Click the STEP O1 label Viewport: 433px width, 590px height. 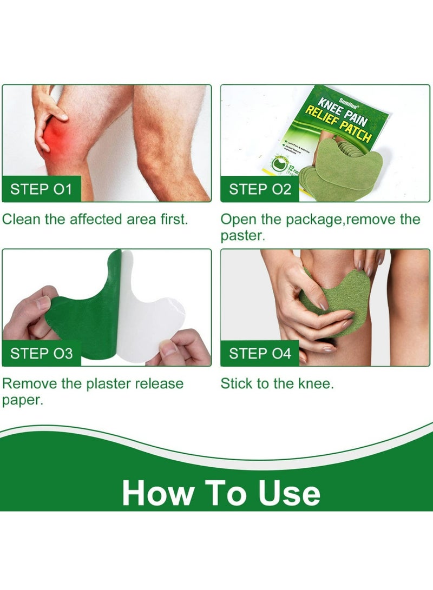coord(41,190)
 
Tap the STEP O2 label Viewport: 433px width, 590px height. coord(260,190)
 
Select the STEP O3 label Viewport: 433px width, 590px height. coord(42,354)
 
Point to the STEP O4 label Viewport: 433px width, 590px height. coord(260,354)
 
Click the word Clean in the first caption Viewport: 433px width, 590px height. coord(21,220)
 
